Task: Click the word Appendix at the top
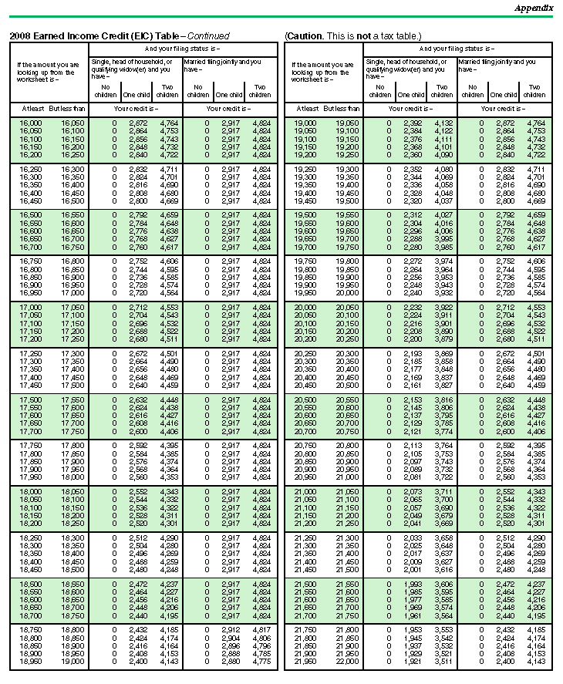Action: [534, 8]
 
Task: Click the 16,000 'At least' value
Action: [31, 123]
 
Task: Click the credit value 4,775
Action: [261, 662]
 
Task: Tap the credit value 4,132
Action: [443, 123]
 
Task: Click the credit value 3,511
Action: [443, 662]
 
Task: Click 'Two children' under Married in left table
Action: [260, 91]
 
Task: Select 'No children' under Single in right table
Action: [382, 91]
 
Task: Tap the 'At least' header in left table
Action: [31, 109]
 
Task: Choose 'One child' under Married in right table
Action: [503, 95]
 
